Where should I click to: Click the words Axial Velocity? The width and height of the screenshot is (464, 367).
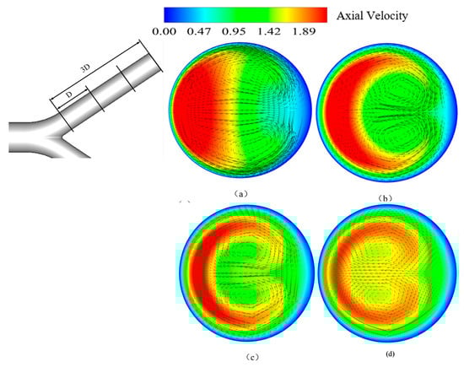(x=372, y=16)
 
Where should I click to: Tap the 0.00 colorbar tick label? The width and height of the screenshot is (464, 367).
(x=164, y=31)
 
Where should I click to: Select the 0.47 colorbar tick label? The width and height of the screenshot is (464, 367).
(x=199, y=31)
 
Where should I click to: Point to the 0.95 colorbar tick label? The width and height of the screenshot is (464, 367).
(x=234, y=31)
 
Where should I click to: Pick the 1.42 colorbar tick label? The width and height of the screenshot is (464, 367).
(x=268, y=31)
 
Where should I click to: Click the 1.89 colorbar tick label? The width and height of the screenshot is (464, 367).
(x=304, y=31)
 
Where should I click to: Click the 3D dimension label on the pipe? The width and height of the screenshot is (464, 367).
(x=85, y=69)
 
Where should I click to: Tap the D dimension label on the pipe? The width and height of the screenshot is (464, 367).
(x=69, y=94)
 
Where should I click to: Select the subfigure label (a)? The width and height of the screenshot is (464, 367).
(x=240, y=194)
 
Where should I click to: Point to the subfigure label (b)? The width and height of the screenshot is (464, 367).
(x=386, y=198)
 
